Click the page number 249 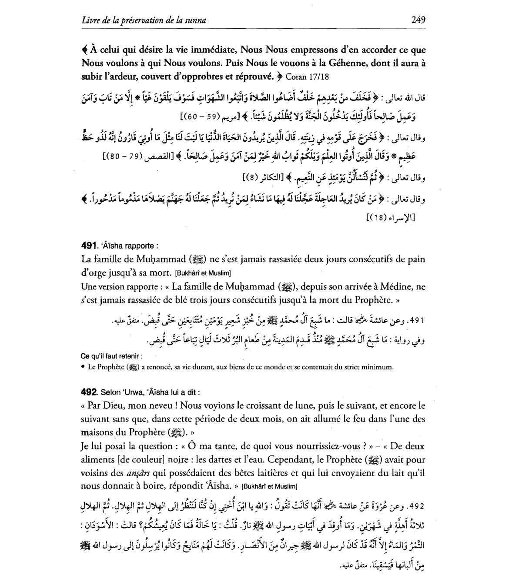pos(418,20)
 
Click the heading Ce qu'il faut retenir pos(111,356)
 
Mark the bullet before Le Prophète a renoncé pos(83,367)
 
